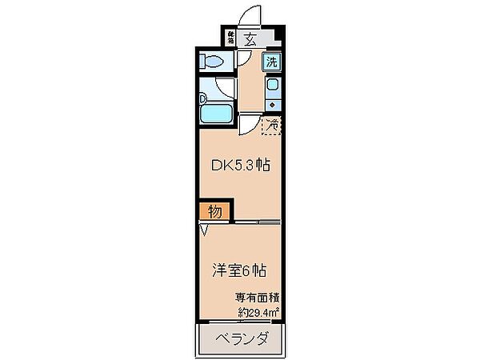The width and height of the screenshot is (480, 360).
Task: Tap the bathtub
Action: pyautogui.click(x=217, y=111)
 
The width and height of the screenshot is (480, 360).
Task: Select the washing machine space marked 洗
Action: pyautogui.click(x=272, y=62)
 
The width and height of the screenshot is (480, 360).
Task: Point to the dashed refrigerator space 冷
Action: pyautogui.click(x=272, y=125)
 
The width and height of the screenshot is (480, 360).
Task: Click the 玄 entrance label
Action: pyautogui.click(x=250, y=37)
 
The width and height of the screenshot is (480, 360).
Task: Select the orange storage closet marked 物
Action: pyautogui.click(x=215, y=211)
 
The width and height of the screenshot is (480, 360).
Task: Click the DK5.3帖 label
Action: pyautogui.click(x=239, y=166)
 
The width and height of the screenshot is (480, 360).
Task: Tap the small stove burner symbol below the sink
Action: pyautogui.click(x=272, y=104)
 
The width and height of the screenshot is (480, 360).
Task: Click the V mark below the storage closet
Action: pyautogui.click(x=204, y=231)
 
